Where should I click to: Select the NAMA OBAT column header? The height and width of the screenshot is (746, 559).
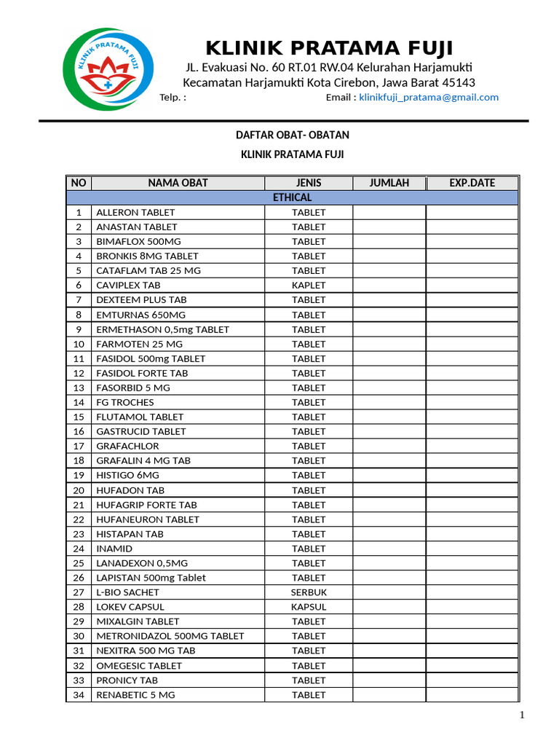(x=178, y=183)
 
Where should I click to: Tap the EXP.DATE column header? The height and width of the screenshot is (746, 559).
(x=472, y=183)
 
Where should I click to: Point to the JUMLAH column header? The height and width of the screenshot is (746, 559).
(x=389, y=183)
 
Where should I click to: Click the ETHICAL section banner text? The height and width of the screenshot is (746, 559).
(x=292, y=197)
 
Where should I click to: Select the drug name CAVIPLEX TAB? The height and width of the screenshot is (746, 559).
(x=128, y=285)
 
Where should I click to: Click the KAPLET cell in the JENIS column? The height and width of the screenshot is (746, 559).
(x=309, y=285)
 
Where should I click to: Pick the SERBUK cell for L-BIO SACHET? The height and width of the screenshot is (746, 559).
(x=309, y=592)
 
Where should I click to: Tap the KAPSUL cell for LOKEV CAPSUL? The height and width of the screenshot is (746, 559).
(x=309, y=607)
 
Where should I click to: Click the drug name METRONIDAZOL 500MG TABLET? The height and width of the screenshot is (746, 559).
(x=170, y=636)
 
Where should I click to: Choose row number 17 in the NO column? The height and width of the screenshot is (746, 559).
(x=79, y=446)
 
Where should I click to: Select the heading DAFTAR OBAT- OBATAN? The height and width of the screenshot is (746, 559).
(x=292, y=136)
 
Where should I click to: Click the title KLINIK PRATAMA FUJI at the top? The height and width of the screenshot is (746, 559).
(x=329, y=49)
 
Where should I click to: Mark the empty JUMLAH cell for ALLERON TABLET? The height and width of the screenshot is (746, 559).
(x=389, y=212)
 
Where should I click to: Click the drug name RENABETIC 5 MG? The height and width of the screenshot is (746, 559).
(x=135, y=695)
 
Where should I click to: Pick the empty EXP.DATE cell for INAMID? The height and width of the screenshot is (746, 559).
(x=472, y=549)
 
